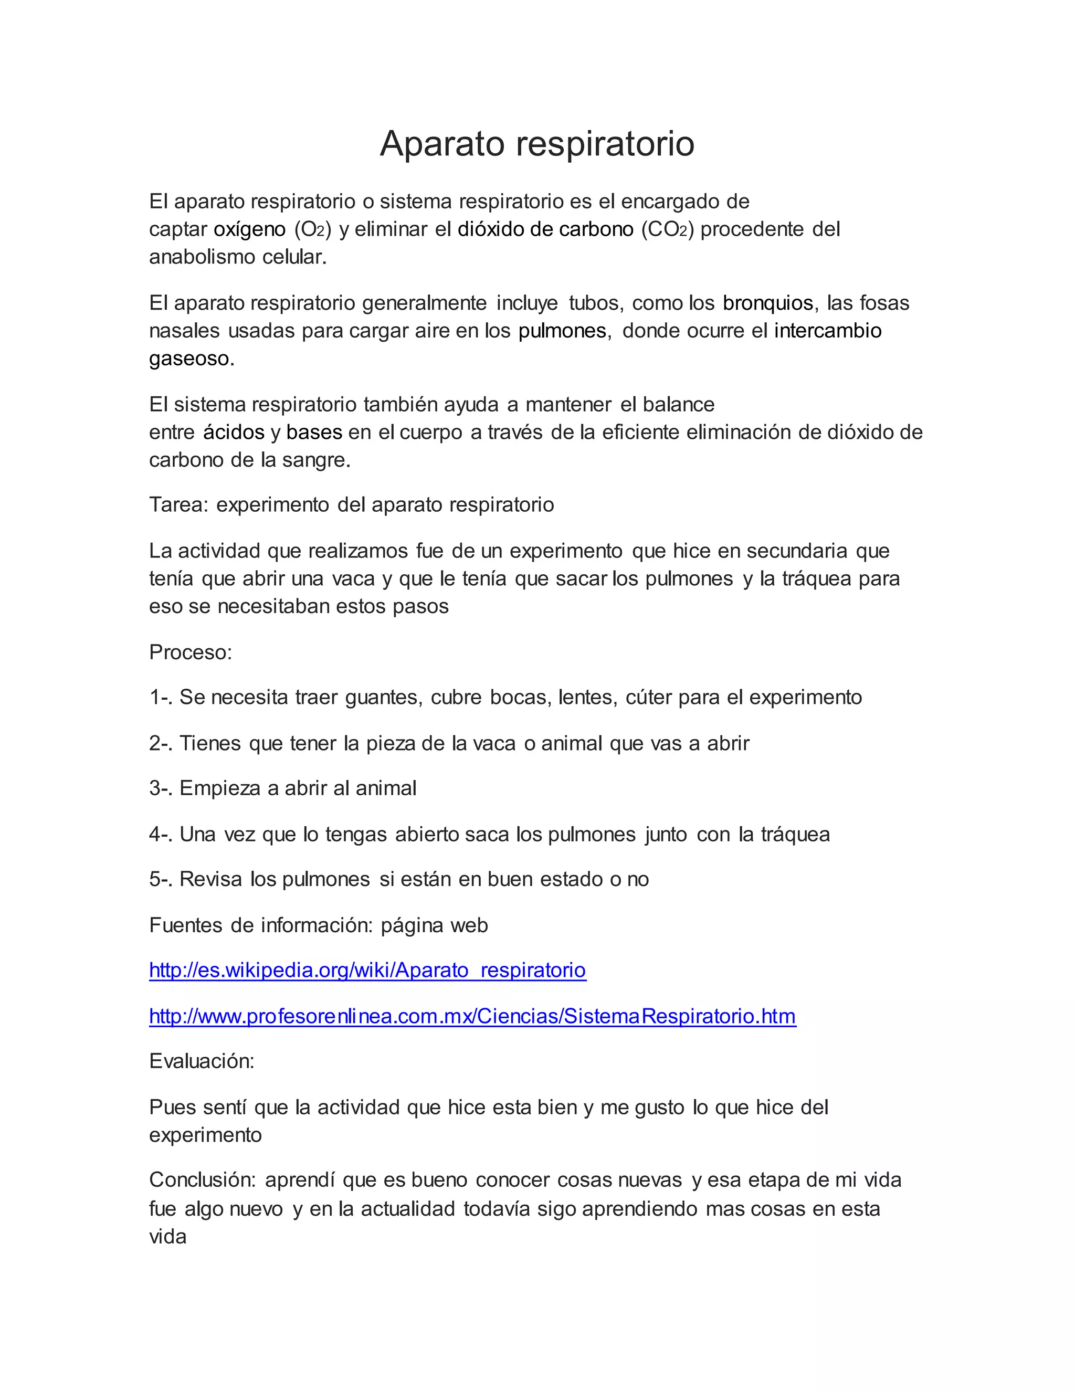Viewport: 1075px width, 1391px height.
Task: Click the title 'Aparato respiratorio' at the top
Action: [x=537, y=143]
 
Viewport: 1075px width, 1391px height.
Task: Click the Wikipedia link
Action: [x=367, y=970]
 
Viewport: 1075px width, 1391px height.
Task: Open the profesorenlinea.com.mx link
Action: [x=472, y=1016]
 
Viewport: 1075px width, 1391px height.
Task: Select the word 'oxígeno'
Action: [x=250, y=229]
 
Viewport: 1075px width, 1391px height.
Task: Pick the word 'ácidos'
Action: [x=233, y=433]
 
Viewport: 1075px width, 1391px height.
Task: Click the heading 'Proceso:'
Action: [x=191, y=652]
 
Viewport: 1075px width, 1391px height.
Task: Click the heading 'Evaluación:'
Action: [x=201, y=1061]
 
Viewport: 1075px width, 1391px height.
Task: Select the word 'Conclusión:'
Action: [x=203, y=1180]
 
